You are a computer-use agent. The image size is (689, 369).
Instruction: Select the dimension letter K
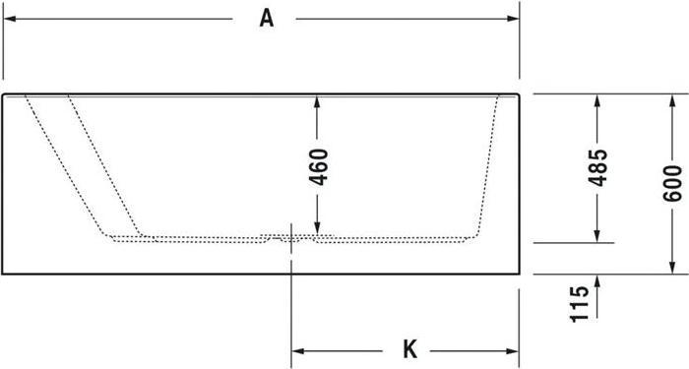click(410, 349)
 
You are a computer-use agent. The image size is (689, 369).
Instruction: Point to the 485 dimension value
click(596, 170)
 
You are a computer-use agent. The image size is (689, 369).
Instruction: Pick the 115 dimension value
click(581, 304)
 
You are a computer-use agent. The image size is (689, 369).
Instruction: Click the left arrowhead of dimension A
click(9, 19)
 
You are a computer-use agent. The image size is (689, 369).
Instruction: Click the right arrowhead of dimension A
click(514, 19)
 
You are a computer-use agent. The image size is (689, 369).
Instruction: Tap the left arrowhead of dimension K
click(296, 349)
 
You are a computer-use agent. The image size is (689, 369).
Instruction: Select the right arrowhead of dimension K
click(514, 349)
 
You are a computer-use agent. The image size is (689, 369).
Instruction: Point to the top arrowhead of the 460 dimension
click(316, 101)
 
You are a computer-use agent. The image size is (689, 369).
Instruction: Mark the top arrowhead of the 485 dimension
click(596, 100)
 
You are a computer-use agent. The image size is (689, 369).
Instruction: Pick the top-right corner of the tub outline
click(519, 95)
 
